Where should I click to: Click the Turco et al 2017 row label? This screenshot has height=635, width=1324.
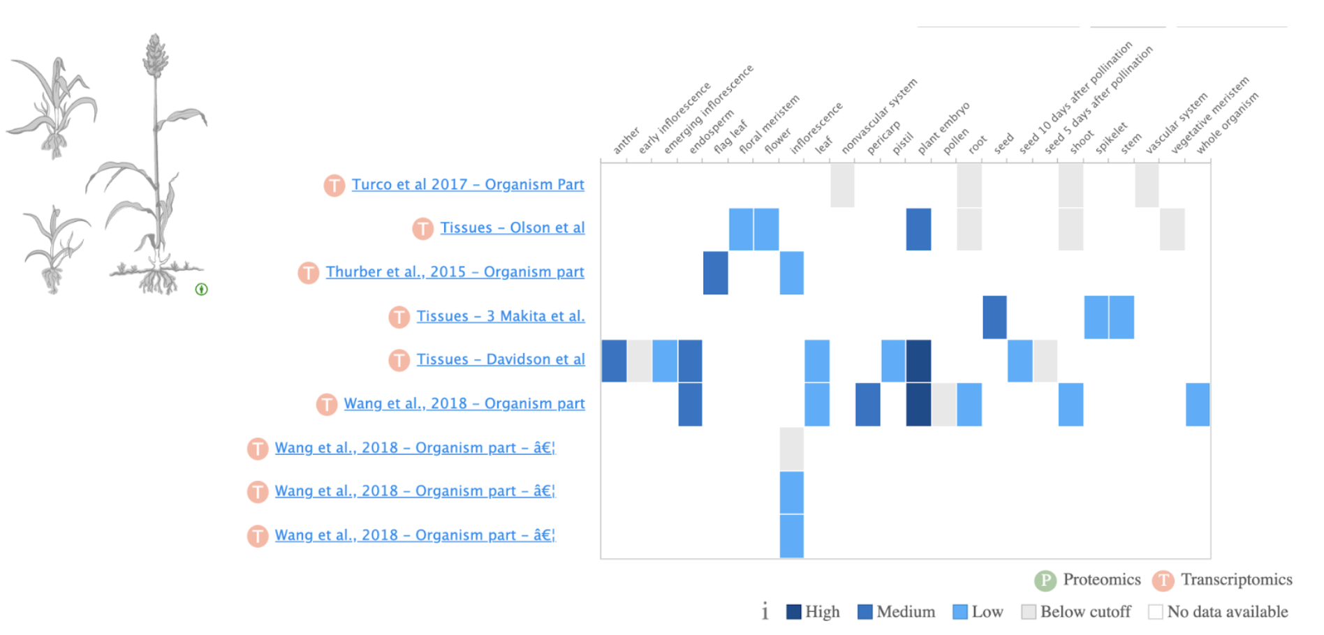(467, 185)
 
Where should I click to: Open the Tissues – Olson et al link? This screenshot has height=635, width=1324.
(512, 228)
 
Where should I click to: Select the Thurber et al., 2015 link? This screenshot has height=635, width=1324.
(455, 272)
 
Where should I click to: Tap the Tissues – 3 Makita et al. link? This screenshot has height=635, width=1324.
(501, 316)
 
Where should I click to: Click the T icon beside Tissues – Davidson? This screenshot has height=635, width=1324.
(399, 360)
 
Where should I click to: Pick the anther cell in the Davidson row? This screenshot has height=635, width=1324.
(614, 361)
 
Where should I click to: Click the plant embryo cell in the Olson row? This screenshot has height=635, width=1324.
(918, 229)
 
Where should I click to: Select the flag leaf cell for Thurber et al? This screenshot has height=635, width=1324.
(716, 273)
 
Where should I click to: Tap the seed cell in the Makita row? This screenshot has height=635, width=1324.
(994, 317)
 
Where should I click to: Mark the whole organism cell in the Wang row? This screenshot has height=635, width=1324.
(1198, 404)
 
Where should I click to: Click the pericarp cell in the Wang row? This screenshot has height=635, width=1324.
(867, 404)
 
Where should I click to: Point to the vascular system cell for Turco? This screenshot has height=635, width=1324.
(1147, 185)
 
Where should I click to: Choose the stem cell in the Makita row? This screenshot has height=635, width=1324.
(1121, 317)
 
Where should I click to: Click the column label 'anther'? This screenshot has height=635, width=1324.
(626, 141)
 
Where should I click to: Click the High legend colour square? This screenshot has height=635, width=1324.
(793, 612)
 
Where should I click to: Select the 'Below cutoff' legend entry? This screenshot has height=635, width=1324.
(1076, 612)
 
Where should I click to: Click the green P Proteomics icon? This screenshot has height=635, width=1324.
(1045, 581)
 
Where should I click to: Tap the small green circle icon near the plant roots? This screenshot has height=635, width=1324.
(201, 289)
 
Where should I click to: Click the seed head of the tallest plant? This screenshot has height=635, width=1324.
(154, 56)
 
